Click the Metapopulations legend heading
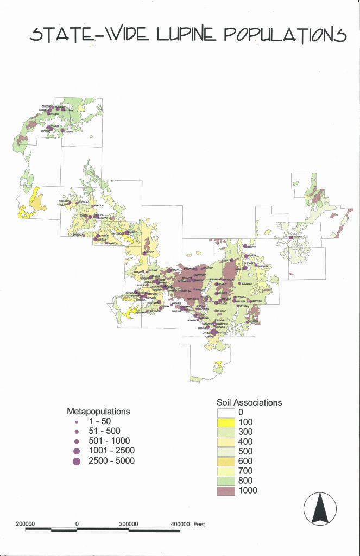(x=98, y=411)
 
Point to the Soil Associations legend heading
(x=249, y=402)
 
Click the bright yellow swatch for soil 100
(x=222, y=422)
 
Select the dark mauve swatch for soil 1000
(x=222, y=490)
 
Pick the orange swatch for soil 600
(x=222, y=461)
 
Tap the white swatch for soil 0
(x=222, y=412)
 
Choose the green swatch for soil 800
(x=222, y=481)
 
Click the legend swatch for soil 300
(x=222, y=432)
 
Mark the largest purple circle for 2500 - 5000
(x=77, y=461)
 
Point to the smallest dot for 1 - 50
(x=77, y=421)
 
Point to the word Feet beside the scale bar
(x=199, y=524)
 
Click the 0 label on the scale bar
(x=78, y=524)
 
